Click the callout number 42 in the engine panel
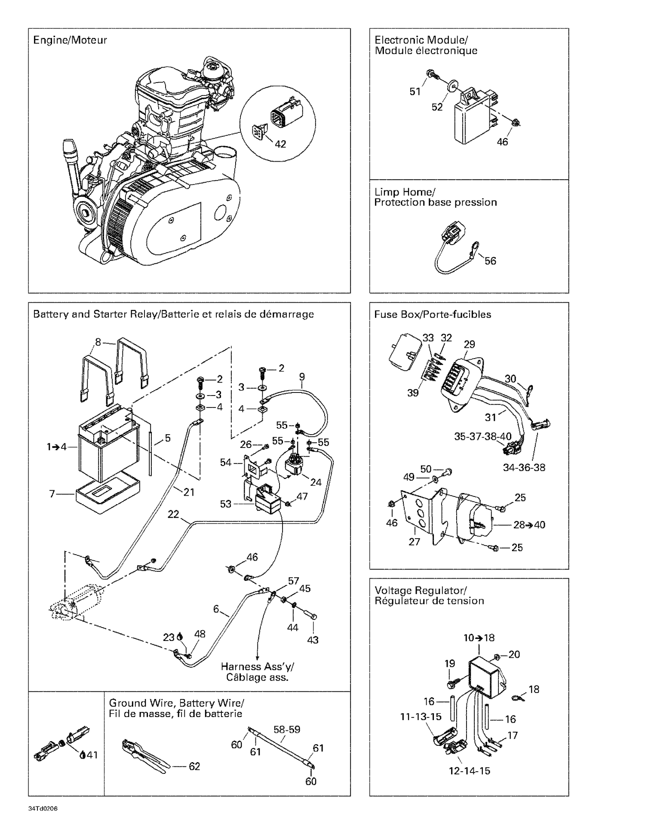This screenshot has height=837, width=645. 280,144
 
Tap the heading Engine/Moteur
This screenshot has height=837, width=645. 70,40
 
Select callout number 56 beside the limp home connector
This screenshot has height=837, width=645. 490,261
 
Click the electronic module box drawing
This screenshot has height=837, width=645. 473,120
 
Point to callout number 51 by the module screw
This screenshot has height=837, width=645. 415,92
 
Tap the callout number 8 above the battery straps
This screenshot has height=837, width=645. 98,342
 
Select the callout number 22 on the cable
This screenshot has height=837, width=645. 173,514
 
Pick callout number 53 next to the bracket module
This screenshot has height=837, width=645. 226,504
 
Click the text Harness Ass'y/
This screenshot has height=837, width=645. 258,666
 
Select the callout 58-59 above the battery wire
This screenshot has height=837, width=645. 287,730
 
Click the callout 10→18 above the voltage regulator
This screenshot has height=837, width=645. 479,638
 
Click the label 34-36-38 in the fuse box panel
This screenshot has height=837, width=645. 524,467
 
